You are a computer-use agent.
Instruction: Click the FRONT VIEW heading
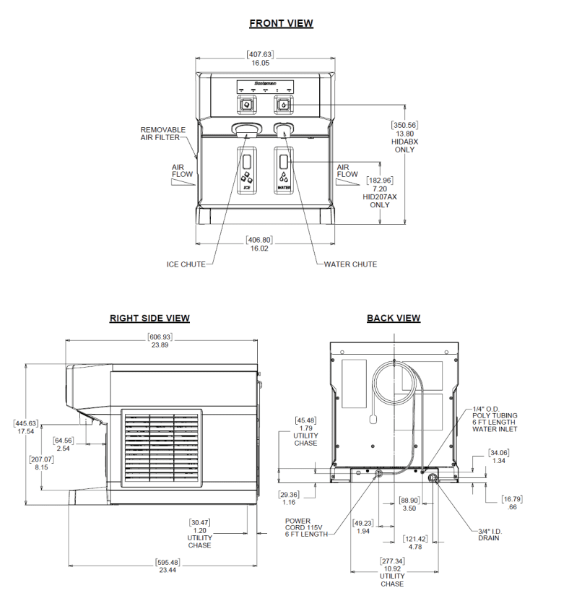coord(281,23)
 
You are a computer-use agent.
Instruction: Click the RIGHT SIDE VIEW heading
coord(149,318)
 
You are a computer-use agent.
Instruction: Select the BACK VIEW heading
coord(394,318)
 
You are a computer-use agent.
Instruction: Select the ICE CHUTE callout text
coord(186,264)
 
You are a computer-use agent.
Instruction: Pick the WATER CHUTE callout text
coord(350,264)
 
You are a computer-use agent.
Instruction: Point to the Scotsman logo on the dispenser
coord(264,83)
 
